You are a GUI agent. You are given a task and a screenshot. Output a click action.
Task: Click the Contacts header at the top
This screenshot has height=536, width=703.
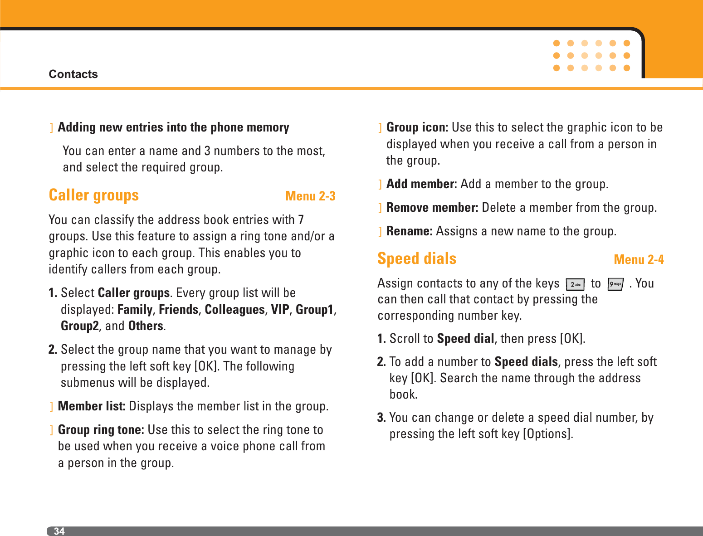[x=73, y=74]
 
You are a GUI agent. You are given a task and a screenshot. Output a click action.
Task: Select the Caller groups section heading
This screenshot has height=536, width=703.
[x=93, y=195]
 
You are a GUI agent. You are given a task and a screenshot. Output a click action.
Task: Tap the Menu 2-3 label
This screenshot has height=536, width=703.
[x=310, y=196]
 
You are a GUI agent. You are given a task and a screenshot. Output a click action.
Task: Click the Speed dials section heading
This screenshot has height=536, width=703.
[x=416, y=258]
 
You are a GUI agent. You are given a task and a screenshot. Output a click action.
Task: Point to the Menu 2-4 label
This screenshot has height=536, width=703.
[x=638, y=259]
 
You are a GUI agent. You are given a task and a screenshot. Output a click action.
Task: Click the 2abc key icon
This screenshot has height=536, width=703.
[x=575, y=284]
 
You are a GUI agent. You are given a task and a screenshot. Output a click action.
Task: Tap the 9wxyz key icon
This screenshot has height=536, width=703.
[x=615, y=284]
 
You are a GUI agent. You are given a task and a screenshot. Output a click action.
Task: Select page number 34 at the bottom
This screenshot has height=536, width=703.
[x=59, y=531]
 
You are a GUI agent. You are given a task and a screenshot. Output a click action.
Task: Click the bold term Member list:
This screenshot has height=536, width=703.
[x=91, y=406]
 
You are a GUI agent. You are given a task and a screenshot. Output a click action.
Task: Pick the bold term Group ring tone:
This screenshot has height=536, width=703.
[x=101, y=429]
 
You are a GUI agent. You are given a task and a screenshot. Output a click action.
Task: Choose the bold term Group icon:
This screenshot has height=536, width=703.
[x=417, y=127]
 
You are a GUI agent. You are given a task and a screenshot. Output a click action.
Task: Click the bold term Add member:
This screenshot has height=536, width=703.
[x=421, y=184]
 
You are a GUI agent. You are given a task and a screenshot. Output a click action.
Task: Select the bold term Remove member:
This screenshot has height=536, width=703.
[x=432, y=207]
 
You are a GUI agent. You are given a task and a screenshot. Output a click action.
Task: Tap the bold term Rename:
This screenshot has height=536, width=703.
[x=409, y=231]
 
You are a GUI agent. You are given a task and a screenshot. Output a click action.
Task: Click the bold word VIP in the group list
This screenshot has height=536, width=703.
[x=280, y=309]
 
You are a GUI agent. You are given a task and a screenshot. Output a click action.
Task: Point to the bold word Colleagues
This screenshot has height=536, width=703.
[x=234, y=309]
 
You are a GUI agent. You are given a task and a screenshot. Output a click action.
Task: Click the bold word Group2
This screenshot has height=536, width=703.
[x=80, y=326]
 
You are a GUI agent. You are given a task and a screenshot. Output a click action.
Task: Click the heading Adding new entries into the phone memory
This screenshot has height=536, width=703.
[x=173, y=127]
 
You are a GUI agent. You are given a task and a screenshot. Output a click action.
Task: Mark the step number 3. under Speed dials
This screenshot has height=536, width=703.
[x=381, y=417]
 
